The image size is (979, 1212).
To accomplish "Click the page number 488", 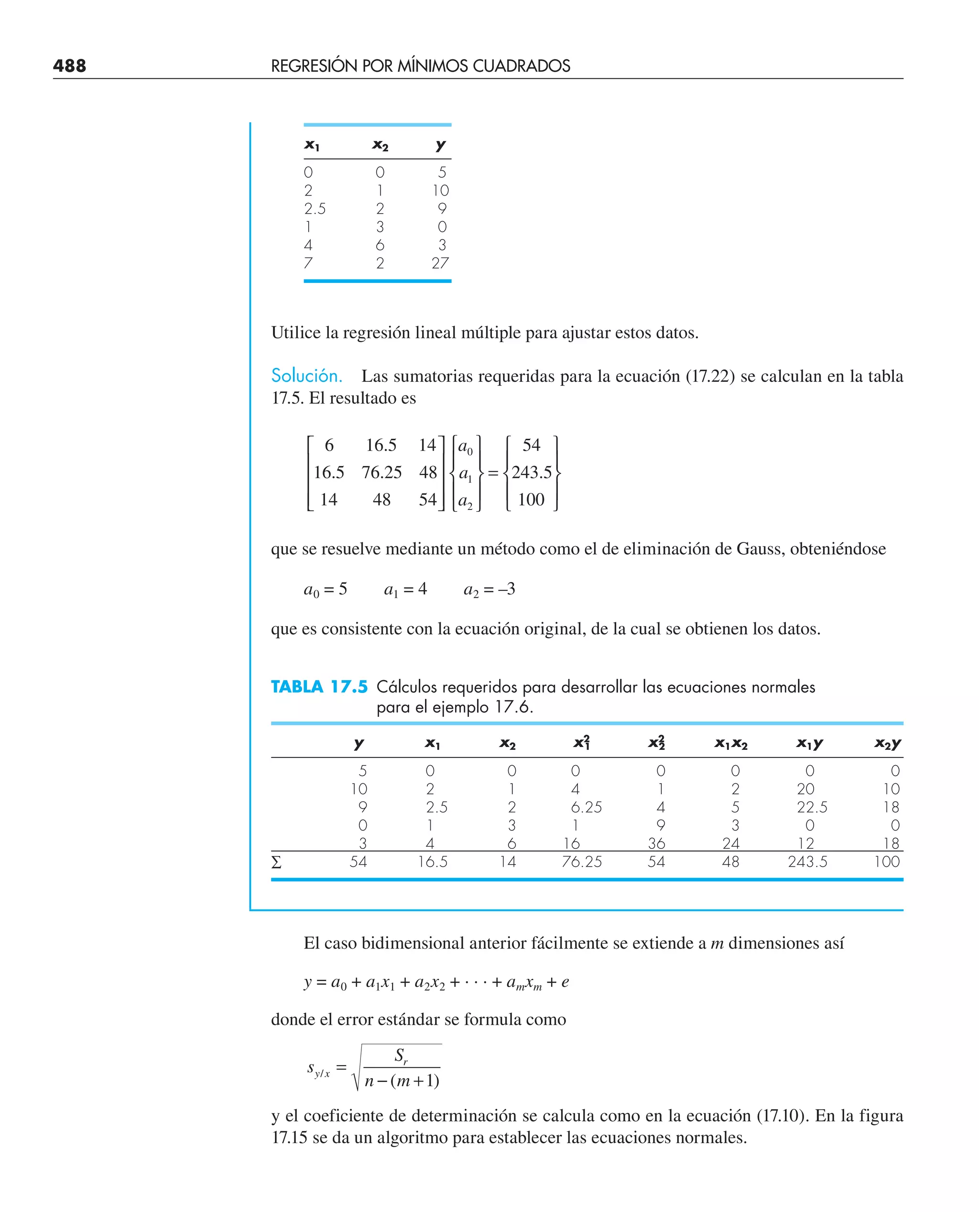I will click(x=69, y=66).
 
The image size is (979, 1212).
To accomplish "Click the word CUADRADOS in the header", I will click(x=521, y=66).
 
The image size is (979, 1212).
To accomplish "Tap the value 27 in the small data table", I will click(x=440, y=263).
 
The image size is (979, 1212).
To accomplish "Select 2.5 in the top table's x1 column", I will click(x=315, y=209).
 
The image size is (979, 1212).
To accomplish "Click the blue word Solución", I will click(x=306, y=376).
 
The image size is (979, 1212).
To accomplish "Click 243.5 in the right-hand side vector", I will click(x=531, y=472).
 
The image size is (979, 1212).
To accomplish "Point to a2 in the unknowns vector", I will click(x=465, y=500).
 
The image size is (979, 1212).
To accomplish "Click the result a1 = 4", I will click(x=405, y=590).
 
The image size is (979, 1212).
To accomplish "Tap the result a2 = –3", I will click(x=489, y=590).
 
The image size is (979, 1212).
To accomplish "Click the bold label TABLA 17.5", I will click(x=319, y=687).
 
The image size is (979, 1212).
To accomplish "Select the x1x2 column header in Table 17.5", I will click(x=731, y=744).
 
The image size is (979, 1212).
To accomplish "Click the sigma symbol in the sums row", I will click(x=276, y=862).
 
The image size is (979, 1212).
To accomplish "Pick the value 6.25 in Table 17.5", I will click(x=586, y=807).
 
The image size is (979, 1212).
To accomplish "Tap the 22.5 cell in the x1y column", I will click(x=812, y=807).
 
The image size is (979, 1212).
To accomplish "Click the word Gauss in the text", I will click(x=760, y=549).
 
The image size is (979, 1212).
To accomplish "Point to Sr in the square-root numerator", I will click(x=401, y=1055).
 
